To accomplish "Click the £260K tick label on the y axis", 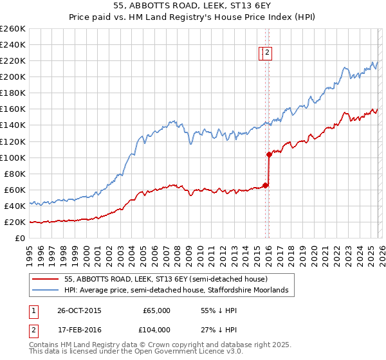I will tap(12, 29).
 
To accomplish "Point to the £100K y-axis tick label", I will tap(12, 157).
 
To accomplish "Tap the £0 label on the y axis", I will tap(20, 239).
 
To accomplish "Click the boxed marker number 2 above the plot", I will tap(268, 54).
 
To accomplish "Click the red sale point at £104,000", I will tap(269, 154).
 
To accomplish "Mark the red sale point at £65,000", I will tap(266, 185).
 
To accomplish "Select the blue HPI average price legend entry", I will tap(179, 291).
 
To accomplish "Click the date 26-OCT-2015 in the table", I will tap(80, 310).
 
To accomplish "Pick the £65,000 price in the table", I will tap(156, 310).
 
